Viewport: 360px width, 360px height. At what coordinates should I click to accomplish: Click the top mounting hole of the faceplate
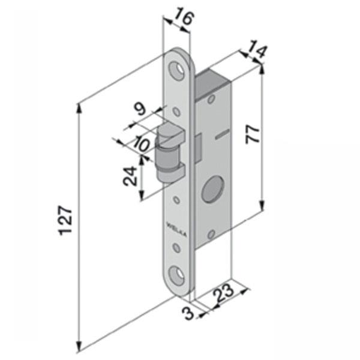pyautogui.click(x=178, y=70)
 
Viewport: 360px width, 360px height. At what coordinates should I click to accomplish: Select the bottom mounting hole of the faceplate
pyautogui.click(x=177, y=275)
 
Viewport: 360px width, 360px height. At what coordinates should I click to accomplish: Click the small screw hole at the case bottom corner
pyautogui.click(x=211, y=234)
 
